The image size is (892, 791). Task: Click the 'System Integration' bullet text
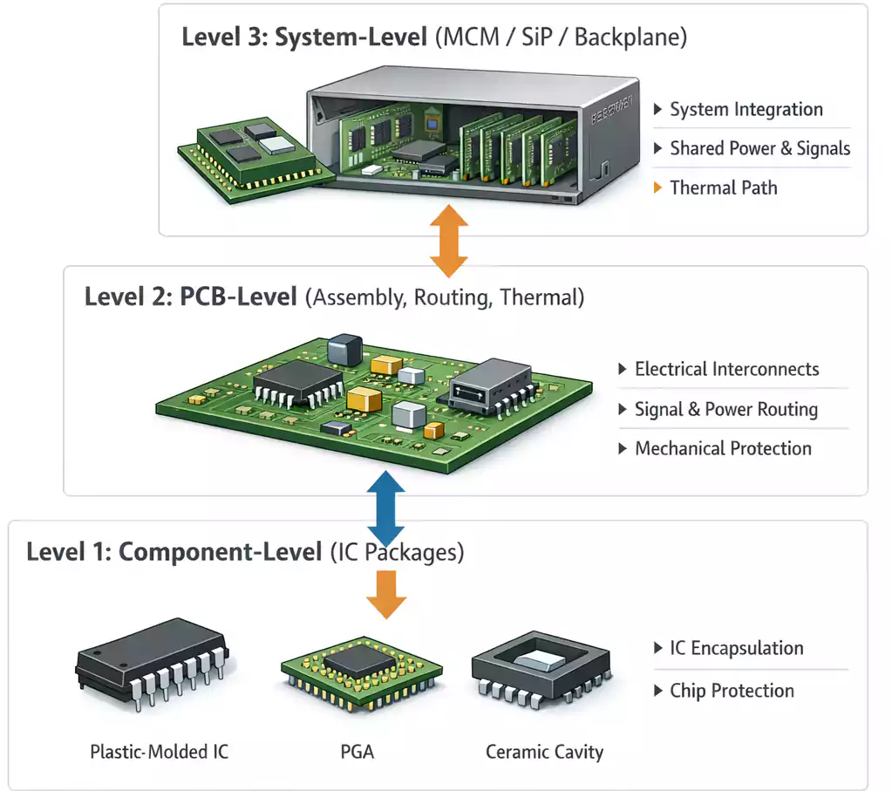click(746, 110)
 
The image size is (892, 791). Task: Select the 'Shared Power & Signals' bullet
click(759, 149)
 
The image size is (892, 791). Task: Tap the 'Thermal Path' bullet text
click(723, 188)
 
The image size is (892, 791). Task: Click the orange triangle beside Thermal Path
click(657, 188)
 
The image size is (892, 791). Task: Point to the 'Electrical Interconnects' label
click(726, 369)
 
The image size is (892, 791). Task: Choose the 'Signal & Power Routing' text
click(725, 409)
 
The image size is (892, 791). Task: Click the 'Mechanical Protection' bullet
click(723, 449)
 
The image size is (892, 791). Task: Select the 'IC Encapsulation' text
click(736, 649)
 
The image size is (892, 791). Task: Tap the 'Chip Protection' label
click(732, 691)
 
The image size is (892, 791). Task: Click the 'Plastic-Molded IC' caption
click(160, 752)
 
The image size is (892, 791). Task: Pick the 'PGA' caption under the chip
click(357, 752)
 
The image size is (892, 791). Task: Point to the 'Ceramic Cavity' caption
click(544, 752)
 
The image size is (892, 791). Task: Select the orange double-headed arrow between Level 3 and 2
click(449, 240)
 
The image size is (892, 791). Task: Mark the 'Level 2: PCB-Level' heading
click(190, 297)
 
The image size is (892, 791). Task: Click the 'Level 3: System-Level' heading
click(303, 39)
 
